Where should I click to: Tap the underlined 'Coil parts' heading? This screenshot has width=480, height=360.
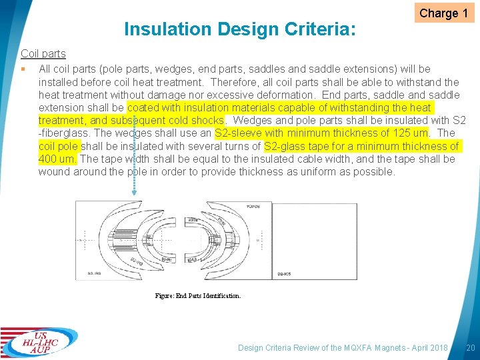click(x=43, y=53)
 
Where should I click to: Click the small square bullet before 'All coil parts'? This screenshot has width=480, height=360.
click(x=23, y=69)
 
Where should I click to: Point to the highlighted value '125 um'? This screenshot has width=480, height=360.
click(x=411, y=133)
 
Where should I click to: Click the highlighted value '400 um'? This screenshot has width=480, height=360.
click(x=58, y=159)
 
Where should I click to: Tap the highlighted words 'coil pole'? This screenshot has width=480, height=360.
click(x=59, y=146)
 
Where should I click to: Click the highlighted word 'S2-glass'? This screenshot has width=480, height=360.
click(x=285, y=146)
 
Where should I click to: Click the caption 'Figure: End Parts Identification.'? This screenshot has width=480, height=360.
click(x=198, y=295)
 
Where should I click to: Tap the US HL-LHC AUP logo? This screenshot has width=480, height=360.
click(x=39, y=341)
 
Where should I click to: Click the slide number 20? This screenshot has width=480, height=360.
click(x=470, y=347)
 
